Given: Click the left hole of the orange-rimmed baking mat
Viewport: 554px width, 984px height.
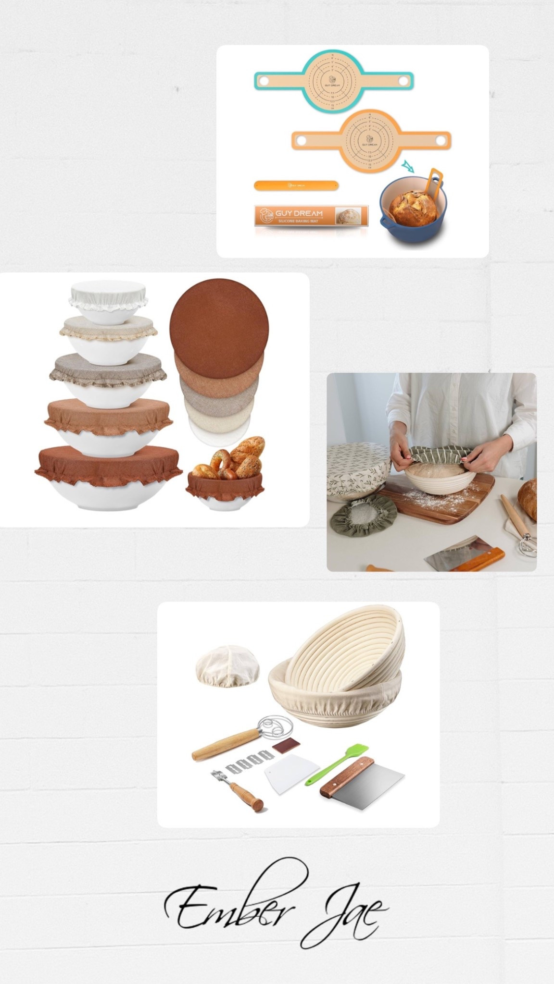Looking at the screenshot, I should [302, 140].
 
